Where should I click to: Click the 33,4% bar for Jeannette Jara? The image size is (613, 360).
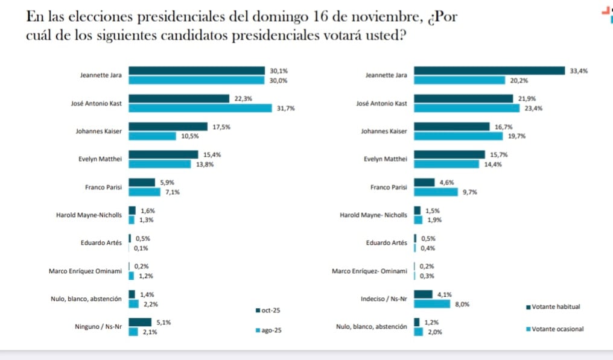pyautogui.click(x=489, y=71)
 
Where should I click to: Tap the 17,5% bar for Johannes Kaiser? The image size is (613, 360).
pyautogui.click(x=168, y=127)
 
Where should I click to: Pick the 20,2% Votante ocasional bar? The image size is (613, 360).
pyautogui.click(x=459, y=80)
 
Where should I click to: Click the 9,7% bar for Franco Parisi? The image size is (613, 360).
pyautogui.click(x=436, y=192)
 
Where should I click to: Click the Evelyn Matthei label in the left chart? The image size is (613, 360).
pyautogui.click(x=100, y=159)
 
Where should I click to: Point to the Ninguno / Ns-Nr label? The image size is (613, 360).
pyautogui.click(x=98, y=327)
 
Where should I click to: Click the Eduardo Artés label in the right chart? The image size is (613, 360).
pyautogui.click(x=386, y=243)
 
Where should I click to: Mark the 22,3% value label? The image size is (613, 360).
pyautogui.click(x=243, y=98)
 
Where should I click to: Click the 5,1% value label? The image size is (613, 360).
pyautogui.click(x=164, y=323)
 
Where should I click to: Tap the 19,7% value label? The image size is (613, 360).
pyautogui.click(x=517, y=136)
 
